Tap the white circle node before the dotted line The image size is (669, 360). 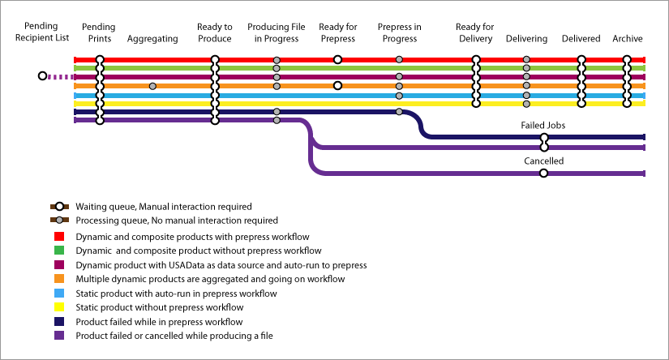[x=42, y=76]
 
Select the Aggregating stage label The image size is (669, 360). [x=152, y=39]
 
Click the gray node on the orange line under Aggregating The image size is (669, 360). [x=152, y=86]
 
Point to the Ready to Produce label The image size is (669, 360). [x=214, y=32]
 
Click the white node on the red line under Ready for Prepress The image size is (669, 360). [x=337, y=59]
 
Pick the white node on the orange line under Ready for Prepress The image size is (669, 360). [x=337, y=85]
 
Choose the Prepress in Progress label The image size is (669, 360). [x=399, y=32]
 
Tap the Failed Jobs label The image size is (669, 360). [x=542, y=126]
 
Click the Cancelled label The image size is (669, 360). [x=543, y=161]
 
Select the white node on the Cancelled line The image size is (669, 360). [x=543, y=174]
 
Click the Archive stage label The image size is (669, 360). [x=627, y=39]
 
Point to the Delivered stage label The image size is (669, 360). [x=581, y=39]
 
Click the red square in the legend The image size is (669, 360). [x=59, y=236]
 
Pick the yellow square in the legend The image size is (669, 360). [x=59, y=307]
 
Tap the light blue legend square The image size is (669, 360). [x=59, y=293]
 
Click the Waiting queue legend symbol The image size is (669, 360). [x=59, y=207]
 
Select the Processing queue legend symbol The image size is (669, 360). [x=59, y=221]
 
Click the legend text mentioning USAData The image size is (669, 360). [x=221, y=265]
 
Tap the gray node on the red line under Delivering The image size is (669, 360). [x=526, y=59]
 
